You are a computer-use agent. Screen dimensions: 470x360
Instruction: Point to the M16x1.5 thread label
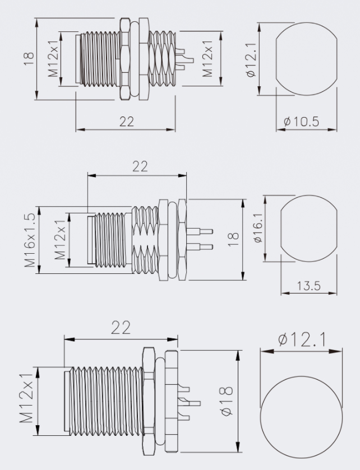pyautogui.click(x=30, y=240)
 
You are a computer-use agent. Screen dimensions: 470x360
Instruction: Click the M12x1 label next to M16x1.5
pyautogui.click(x=60, y=240)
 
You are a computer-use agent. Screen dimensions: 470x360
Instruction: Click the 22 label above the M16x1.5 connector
pyautogui.click(x=140, y=166)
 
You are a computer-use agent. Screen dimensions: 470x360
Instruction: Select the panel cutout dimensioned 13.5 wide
pyautogui.click(x=309, y=229)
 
